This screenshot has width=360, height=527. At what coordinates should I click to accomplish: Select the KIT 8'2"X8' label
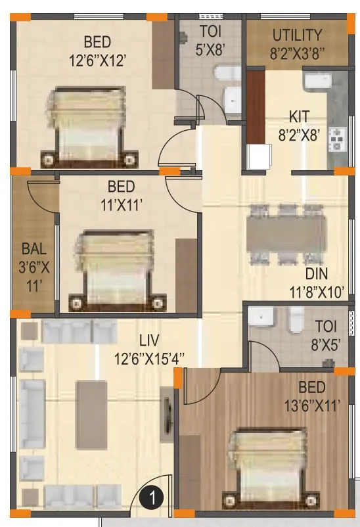tap(299, 124)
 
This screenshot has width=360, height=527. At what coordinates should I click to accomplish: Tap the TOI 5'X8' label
tap(210, 39)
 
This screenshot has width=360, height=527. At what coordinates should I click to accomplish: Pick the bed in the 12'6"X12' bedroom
tap(89, 125)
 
